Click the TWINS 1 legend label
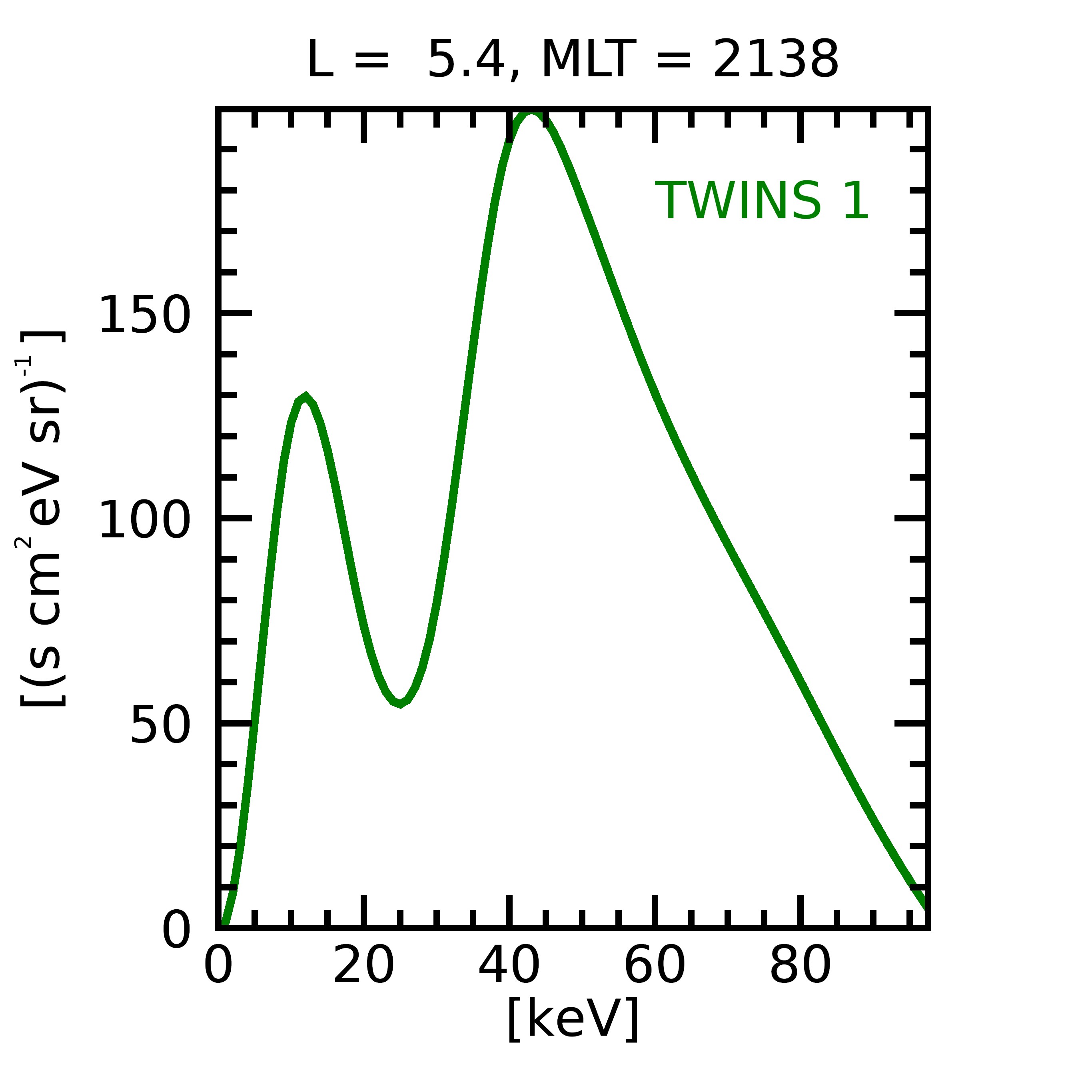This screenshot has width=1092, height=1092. pyautogui.click(x=761, y=201)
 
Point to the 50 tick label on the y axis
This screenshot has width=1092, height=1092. pyautogui.click(x=160, y=725)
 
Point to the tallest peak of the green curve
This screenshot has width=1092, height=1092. pyautogui.click(x=530, y=113)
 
